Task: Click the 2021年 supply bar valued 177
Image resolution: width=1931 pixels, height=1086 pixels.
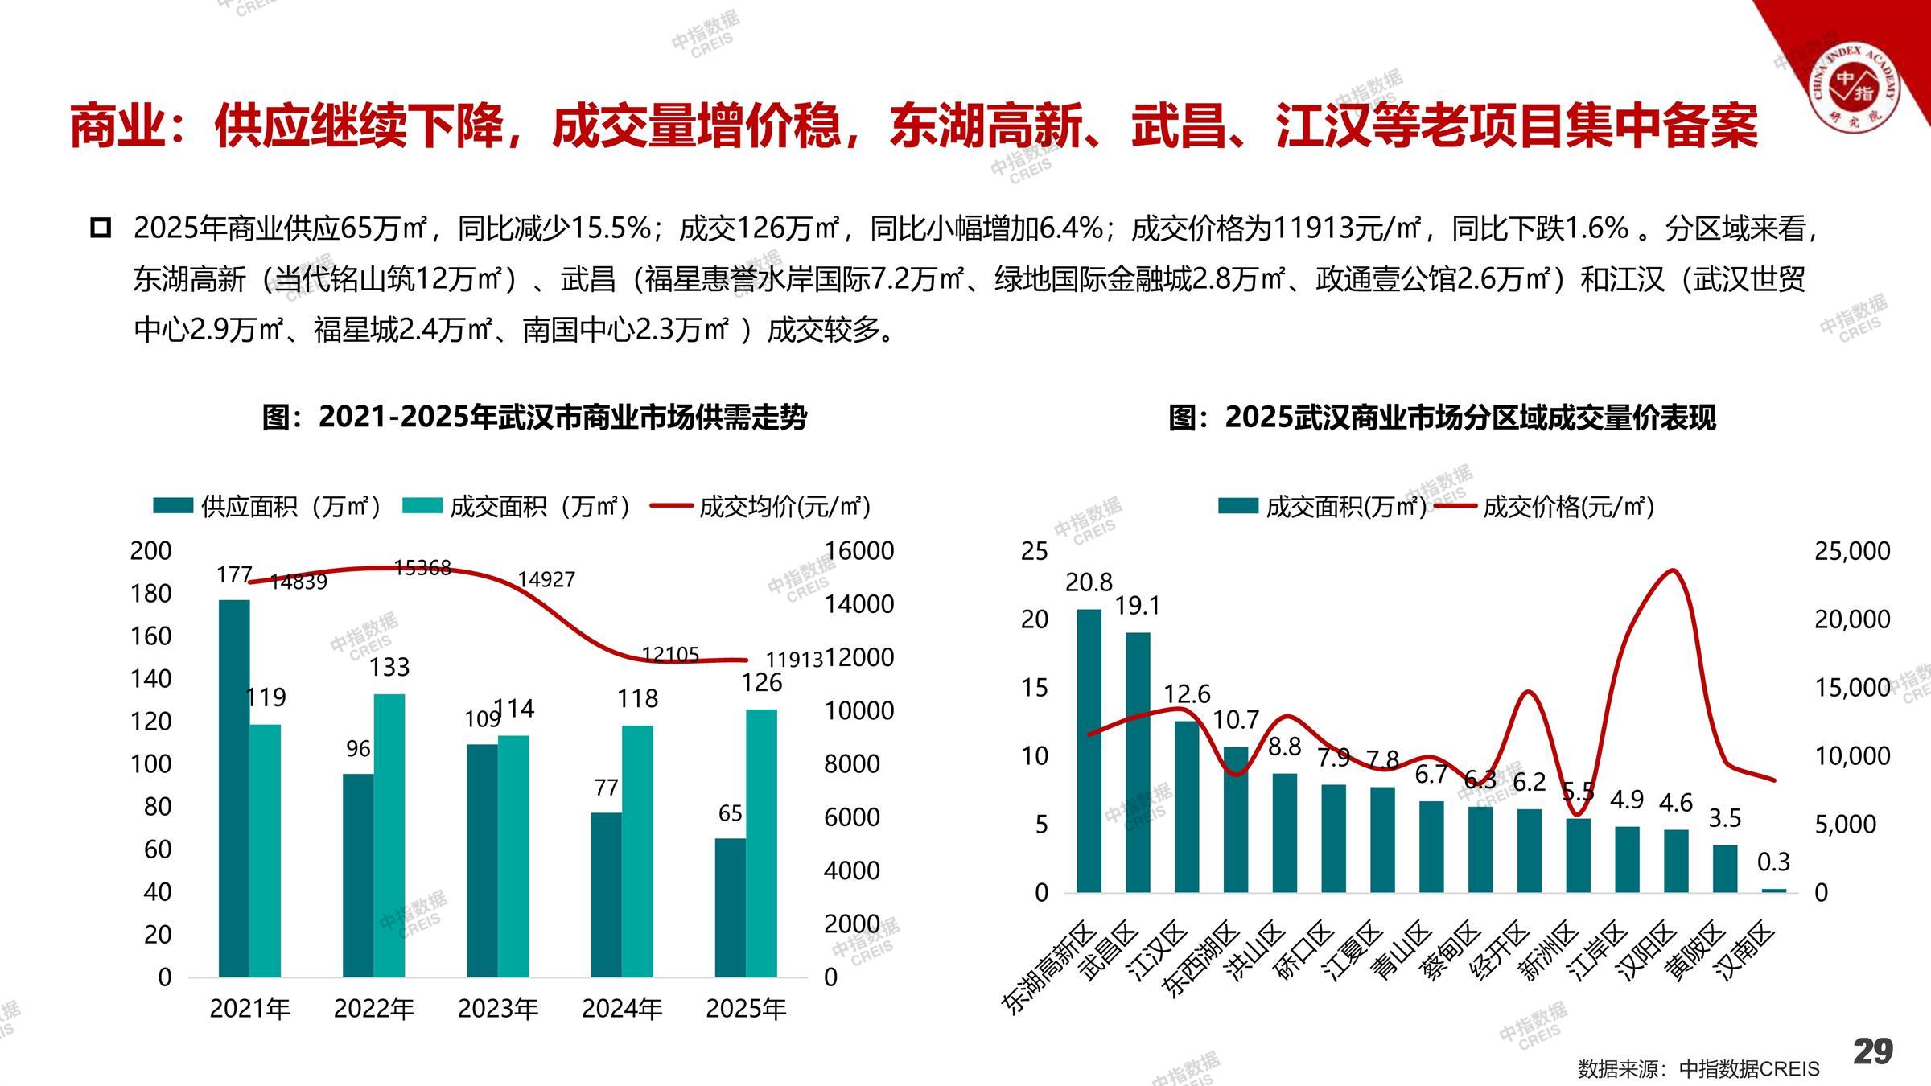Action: [234, 788]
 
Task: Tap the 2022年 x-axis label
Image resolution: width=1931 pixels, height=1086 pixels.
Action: [374, 1009]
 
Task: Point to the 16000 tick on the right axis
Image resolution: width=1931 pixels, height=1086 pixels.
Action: [858, 551]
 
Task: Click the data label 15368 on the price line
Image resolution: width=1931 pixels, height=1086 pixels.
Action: [422, 568]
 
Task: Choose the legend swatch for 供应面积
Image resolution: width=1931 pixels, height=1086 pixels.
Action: [173, 506]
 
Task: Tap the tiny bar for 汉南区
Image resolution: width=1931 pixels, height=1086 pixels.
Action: [1773, 891]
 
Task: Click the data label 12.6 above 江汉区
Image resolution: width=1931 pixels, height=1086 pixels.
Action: [1187, 693]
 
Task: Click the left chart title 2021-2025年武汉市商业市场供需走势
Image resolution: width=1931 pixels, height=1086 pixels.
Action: [534, 417]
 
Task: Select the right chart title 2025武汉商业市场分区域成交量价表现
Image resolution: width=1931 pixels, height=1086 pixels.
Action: [1442, 417]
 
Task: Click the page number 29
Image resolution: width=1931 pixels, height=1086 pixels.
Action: [1873, 1052]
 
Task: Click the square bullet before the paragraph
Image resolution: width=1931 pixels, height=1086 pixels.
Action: [101, 228]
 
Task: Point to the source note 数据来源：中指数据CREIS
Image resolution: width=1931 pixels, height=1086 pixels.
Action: [1698, 1069]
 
